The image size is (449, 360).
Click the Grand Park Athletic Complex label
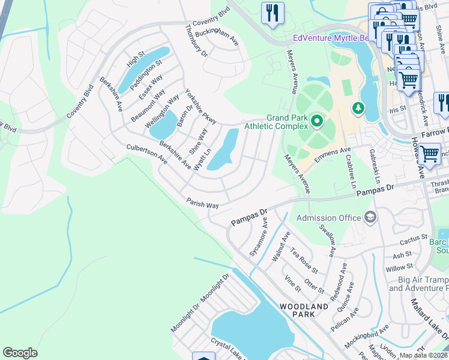(x=287, y=122)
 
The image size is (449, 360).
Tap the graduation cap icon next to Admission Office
(x=370, y=217)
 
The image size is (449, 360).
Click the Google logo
(x=20, y=353)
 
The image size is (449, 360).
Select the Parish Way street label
(x=202, y=205)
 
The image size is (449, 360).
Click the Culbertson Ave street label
(x=146, y=154)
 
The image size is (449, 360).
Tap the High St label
(x=136, y=61)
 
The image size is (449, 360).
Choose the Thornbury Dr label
(x=196, y=41)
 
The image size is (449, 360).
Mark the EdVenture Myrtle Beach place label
(x=328, y=38)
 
